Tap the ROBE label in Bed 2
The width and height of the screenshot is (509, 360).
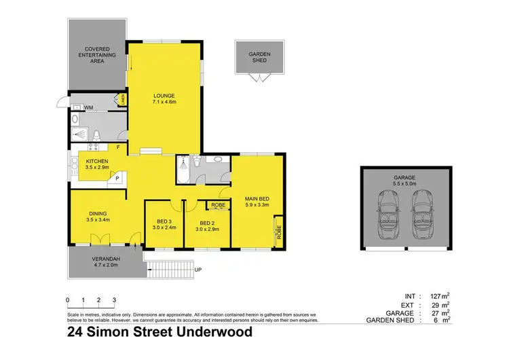(218, 204)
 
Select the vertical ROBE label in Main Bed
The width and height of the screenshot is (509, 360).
(278, 233)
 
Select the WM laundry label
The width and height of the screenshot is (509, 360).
(88, 107)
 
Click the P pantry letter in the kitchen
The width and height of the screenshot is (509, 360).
(117, 178)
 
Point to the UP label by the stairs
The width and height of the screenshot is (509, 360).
(198, 270)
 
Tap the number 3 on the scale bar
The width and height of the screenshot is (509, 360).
(114, 300)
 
